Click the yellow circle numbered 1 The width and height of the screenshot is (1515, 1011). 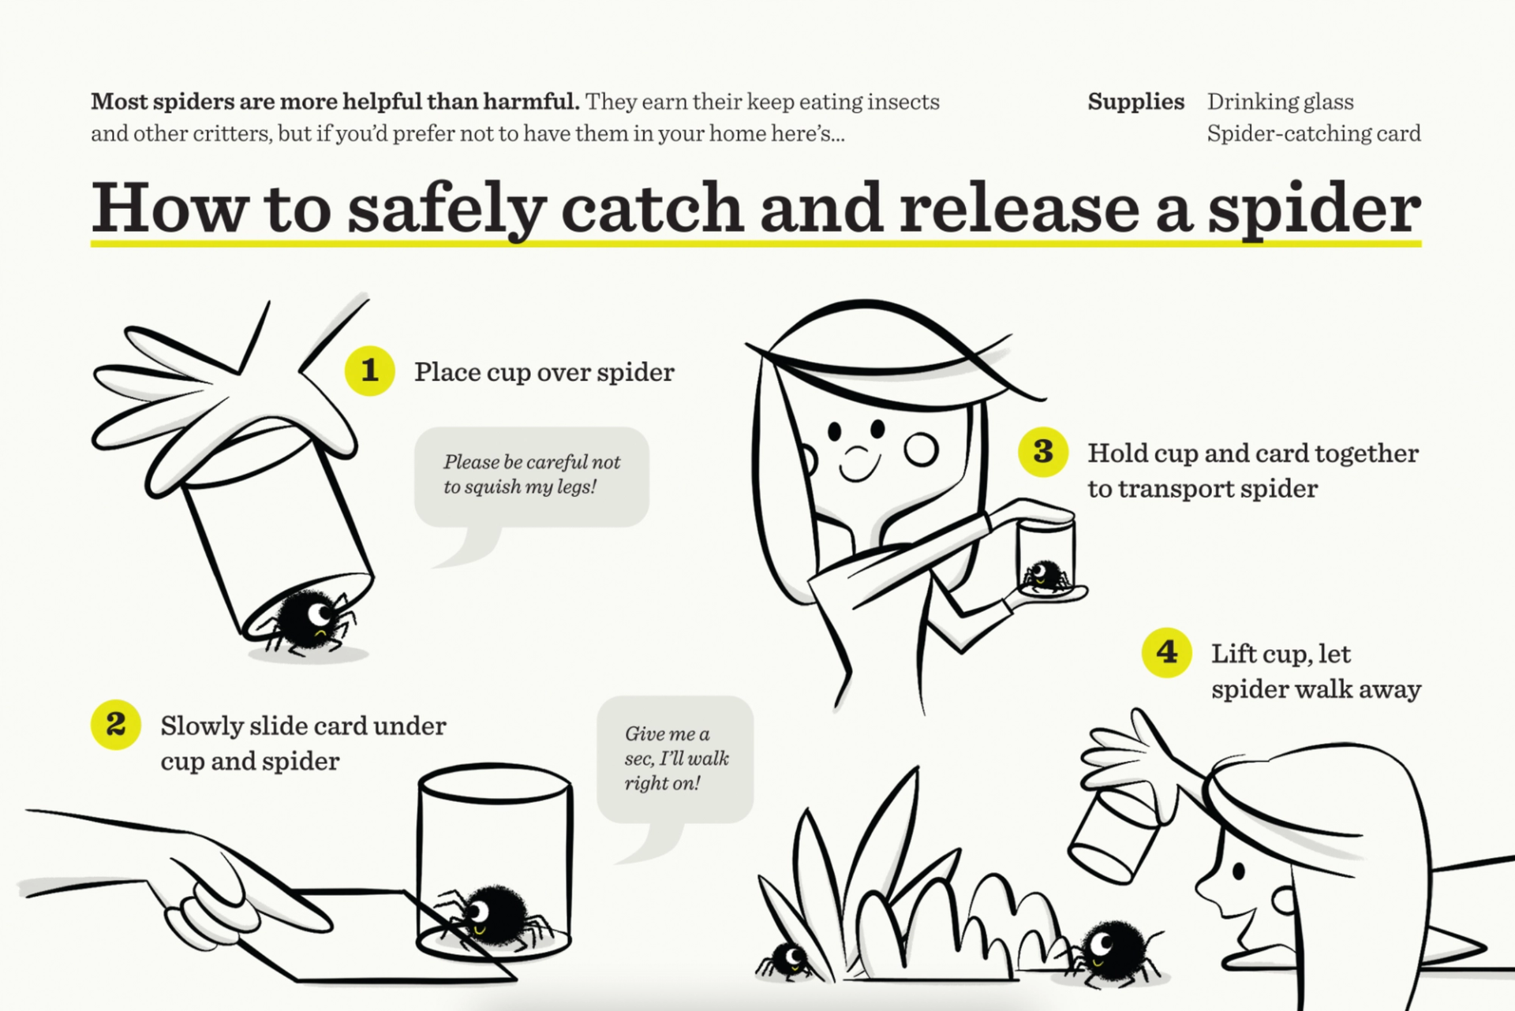point(369,370)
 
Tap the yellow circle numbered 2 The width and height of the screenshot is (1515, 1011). point(115,724)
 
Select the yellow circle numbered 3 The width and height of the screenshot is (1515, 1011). point(1042,451)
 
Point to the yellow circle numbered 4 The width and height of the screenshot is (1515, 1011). point(1166,652)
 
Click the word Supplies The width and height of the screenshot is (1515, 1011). point(1135,102)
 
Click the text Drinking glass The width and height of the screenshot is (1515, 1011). point(1280,102)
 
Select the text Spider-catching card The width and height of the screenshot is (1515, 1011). point(1313,133)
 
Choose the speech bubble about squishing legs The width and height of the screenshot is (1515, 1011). point(531,476)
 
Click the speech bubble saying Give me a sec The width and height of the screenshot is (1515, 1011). point(675,758)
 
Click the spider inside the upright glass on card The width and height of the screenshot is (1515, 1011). point(496,915)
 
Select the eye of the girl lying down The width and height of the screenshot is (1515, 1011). point(1238,871)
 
